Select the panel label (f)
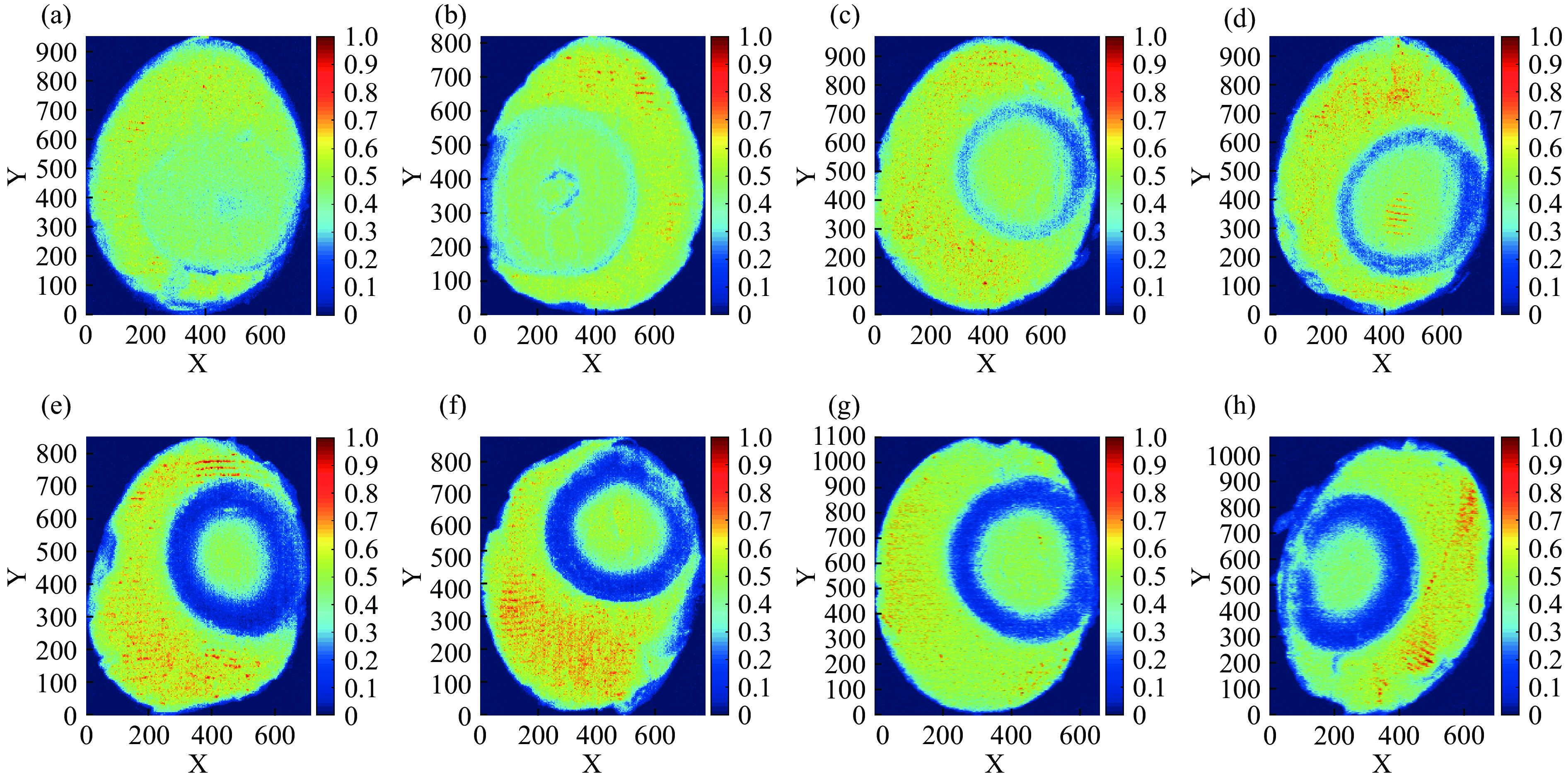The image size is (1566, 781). click(x=452, y=406)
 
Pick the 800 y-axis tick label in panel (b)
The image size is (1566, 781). click(x=450, y=44)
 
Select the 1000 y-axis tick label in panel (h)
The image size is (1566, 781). click(x=1233, y=456)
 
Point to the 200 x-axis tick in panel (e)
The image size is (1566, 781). click(x=149, y=735)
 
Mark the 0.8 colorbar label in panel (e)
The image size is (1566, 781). click(x=361, y=493)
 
